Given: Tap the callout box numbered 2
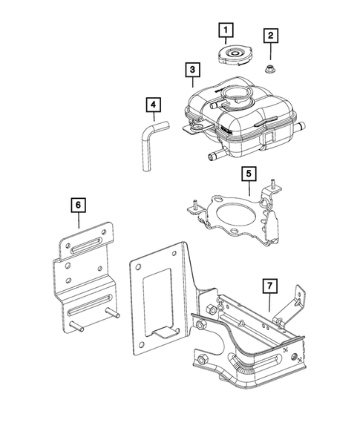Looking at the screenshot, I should point(271,35).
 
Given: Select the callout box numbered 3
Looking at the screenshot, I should point(192,70).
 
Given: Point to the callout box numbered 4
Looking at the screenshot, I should point(152,107).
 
